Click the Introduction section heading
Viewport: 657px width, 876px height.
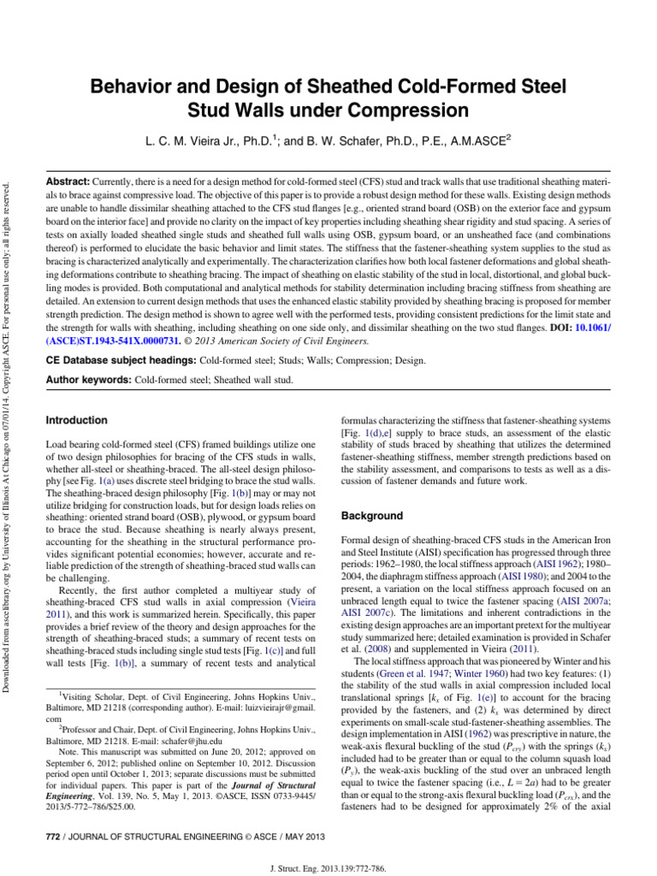tap(76, 421)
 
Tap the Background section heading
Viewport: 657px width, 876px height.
tap(372, 517)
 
